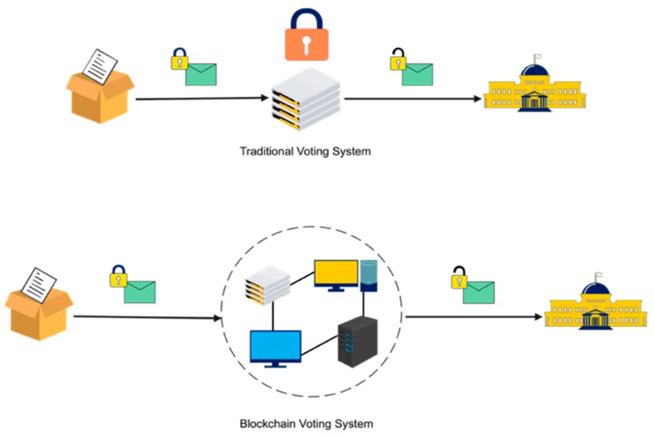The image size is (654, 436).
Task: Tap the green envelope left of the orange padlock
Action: pos(200,74)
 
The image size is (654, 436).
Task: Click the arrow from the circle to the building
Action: pos(472,317)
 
